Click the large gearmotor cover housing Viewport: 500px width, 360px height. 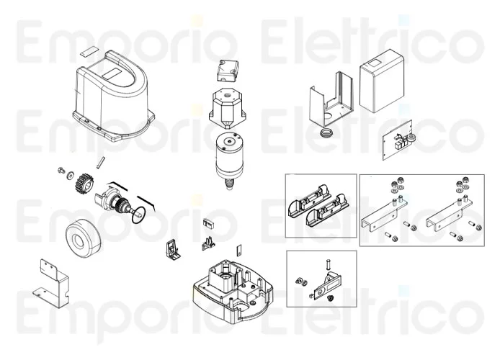112,96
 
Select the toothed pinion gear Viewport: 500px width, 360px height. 83,183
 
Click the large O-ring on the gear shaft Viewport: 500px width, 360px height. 139,215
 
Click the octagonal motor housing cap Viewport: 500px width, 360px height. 228,106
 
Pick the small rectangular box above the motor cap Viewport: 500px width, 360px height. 228,71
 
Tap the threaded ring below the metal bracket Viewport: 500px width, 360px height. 326,132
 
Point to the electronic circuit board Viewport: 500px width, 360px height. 398,140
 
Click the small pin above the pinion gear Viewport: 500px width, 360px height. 99,161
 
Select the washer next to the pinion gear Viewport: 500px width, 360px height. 70,175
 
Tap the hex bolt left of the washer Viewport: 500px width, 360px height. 61,171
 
